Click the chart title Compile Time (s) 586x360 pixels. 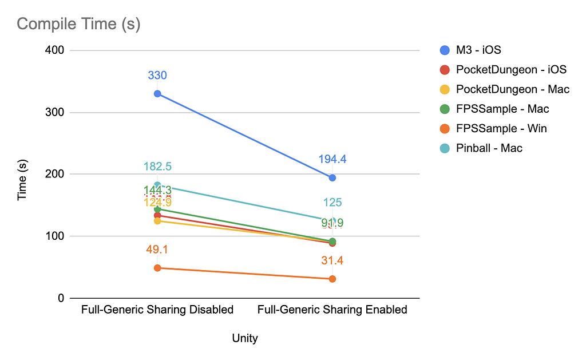point(78,24)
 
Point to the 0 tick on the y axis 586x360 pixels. point(61,298)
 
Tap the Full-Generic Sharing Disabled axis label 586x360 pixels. point(157,310)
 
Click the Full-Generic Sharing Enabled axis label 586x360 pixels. point(332,310)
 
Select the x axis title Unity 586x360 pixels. point(245,338)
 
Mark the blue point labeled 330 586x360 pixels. point(157,93)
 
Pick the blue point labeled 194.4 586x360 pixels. point(332,177)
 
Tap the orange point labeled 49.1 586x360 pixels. point(157,268)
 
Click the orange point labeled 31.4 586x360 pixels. point(332,279)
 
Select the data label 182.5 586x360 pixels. point(157,167)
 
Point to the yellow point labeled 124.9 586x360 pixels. point(157,220)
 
